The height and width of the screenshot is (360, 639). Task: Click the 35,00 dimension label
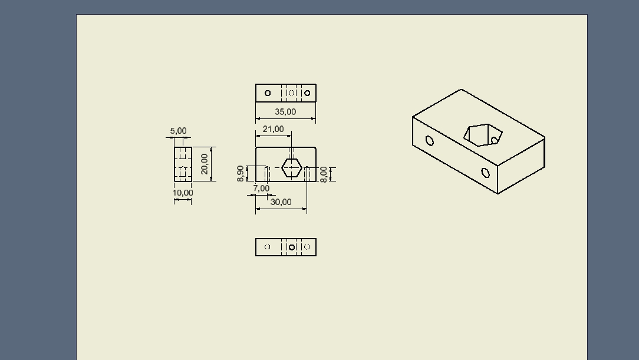(285, 111)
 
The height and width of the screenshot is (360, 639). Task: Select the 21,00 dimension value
(273, 129)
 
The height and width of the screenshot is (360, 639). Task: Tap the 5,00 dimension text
(178, 131)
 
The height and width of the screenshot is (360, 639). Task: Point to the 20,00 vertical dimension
(205, 164)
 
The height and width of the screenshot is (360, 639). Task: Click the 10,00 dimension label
(183, 193)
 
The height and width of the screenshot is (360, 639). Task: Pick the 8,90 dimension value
(240, 173)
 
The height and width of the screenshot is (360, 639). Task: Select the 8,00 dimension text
(324, 175)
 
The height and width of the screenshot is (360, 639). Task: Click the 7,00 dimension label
(261, 188)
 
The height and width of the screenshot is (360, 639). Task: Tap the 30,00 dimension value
(281, 202)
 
